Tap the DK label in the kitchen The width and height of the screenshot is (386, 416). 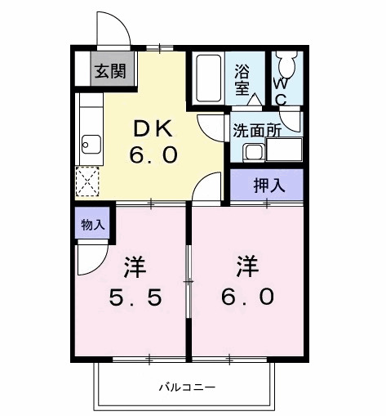point(153,127)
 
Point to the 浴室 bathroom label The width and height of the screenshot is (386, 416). point(242,78)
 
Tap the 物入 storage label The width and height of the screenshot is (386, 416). point(93,223)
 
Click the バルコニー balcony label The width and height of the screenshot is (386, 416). point(187,387)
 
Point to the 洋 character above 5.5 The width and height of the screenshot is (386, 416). point(135,266)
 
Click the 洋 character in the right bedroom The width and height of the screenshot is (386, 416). point(248,266)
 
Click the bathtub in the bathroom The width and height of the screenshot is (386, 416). point(211,78)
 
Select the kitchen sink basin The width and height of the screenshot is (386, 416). point(89,147)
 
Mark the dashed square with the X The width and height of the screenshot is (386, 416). point(87,181)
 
